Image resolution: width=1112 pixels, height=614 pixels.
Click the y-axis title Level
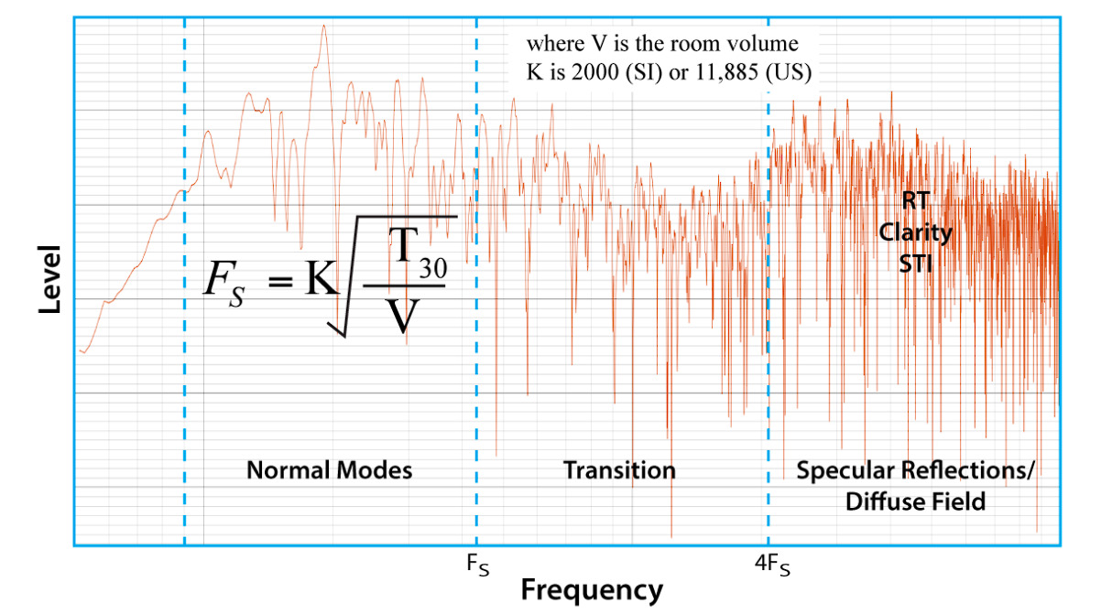click(50, 279)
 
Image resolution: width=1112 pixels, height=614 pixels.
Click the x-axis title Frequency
click(591, 590)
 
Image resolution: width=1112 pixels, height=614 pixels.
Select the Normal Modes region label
click(330, 470)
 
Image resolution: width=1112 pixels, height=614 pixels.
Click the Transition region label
click(619, 470)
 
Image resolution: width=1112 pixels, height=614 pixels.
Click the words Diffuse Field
click(915, 501)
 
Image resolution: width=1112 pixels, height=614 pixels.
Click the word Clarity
click(915, 233)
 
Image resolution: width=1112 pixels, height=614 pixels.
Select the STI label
click(915, 264)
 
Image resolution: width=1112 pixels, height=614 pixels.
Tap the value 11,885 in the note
click(736, 73)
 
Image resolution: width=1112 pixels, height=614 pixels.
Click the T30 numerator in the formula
click(417, 252)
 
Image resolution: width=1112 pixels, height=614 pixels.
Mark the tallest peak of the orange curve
click(323, 27)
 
